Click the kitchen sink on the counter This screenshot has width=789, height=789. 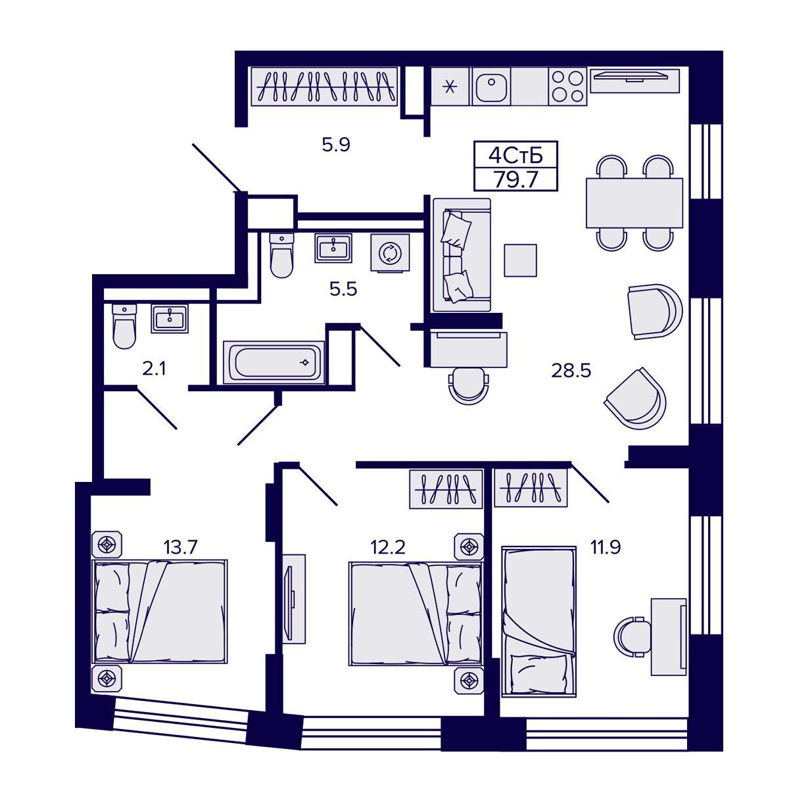tap(491, 86)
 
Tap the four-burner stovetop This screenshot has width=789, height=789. tap(567, 86)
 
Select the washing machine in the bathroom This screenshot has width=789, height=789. tap(390, 252)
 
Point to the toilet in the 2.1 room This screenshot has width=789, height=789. tap(124, 326)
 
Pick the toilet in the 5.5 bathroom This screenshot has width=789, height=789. tap(281, 256)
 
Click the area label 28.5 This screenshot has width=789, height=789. tap(571, 371)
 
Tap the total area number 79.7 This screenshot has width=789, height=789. tap(515, 179)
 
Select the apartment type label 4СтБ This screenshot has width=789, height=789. tap(515, 156)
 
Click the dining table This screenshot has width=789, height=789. tap(634, 203)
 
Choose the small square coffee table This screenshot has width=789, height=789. tap(520, 260)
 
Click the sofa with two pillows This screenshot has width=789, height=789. tap(462, 254)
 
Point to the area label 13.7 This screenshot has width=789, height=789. tap(181, 546)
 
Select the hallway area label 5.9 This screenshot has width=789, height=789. tap(336, 145)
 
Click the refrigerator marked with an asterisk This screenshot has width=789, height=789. tap(450, 86)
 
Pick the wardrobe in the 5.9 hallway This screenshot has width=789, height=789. tap(324, 86)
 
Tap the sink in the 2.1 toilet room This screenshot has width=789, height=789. tap(170, 318)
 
